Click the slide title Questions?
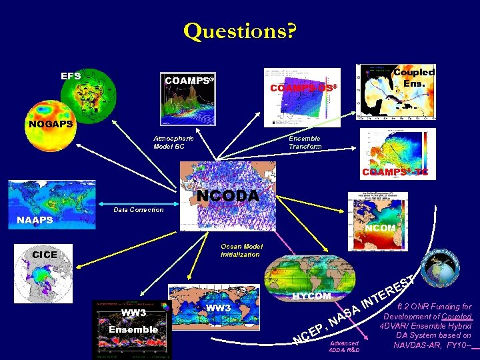click(239, 31)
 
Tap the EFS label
click(71, 76)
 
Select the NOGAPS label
click(50, 124)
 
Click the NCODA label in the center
click(227, 196)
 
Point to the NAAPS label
click(35, 219)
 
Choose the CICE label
click(45, 255)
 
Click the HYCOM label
click(311, 295)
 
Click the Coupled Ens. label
click(413, 77)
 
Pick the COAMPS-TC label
click(395, 172)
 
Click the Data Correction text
click(138, 210)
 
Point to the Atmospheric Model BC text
click(173, 142)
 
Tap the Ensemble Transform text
click(305, 142)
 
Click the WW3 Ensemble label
click(134, 321)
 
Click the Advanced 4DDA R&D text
click(345, 346)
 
